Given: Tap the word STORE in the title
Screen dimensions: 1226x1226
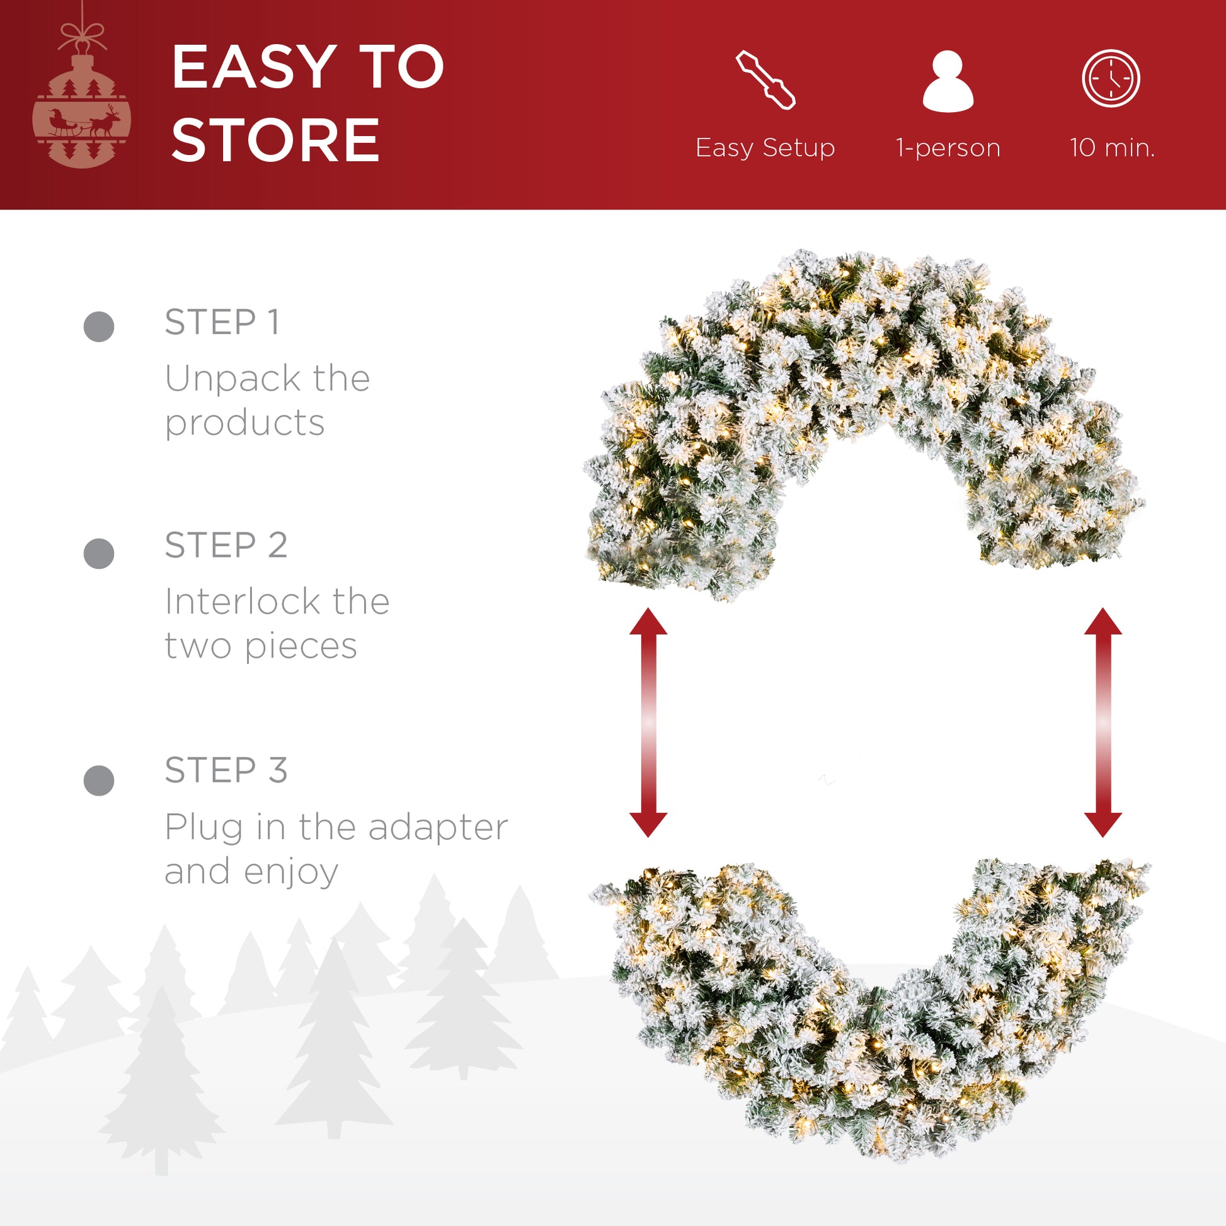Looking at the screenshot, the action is pyautogui.click(x=275, y=140).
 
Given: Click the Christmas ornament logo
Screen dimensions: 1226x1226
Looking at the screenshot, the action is pyautogui.click(x=82, y=95).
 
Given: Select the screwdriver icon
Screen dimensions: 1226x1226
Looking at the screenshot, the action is pyautogui.click(x=765, y=80).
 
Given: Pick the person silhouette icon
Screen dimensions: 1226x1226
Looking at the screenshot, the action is pyautogui.click(x=948, y=81).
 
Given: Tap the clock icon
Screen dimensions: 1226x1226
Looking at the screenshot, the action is pyautogui.click(x=1111, y=78).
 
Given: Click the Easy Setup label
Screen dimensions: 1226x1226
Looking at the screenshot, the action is pyautogui.click(x=765, y=148).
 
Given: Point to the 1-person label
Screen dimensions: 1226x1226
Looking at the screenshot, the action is pyautogui.click(x=948, y=148).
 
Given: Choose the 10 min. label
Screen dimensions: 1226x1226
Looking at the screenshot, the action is pyautogui.click(x=1112, y=148).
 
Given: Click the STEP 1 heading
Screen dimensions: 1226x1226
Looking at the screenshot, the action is pyautogui.click(x=222, y=322).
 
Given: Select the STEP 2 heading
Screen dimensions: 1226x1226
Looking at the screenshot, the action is pyautogui.click(x=226, y=544).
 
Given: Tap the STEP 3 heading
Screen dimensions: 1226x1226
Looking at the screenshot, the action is pyautogui.click(x=226, y=770).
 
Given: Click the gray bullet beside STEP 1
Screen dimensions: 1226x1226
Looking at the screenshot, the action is pyautogui.click(x=99, y=327).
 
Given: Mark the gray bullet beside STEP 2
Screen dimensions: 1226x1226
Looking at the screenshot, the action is pyautogui.click(x=99, y=553).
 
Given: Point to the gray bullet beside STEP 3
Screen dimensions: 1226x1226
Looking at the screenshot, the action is pyautogui.click(x=99, y=780).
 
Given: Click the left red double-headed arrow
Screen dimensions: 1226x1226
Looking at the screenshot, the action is pyautogui.click(x=648, y=722).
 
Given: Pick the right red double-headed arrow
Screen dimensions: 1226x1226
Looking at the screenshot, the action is pyautogui.click(x=1103, y=722).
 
